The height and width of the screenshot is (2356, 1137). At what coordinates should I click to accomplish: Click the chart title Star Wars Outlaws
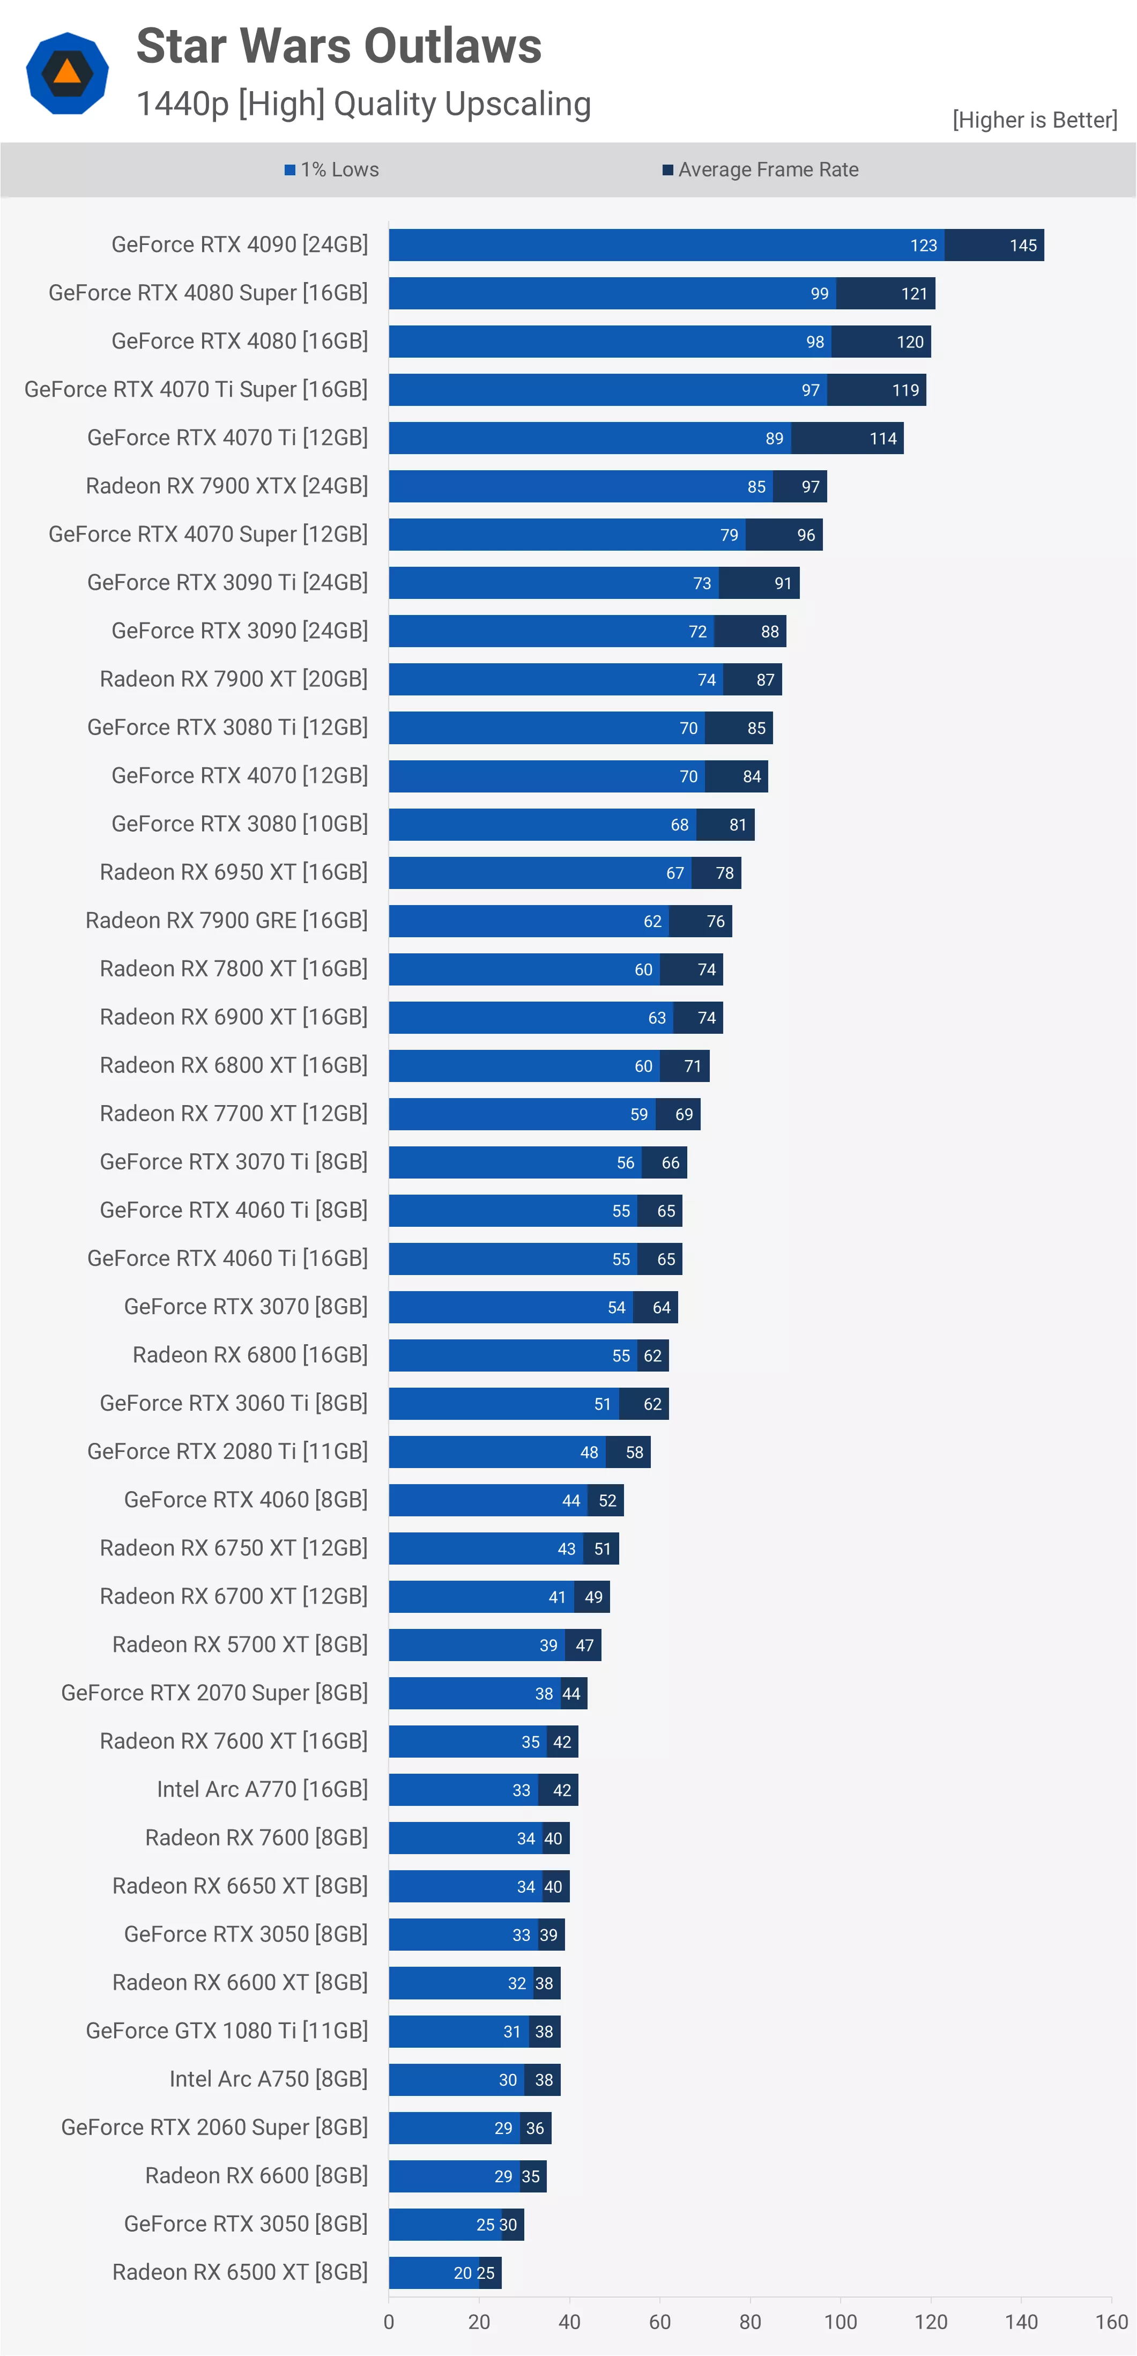[338, 46]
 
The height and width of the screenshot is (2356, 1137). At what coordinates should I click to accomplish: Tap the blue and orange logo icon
[67, 73]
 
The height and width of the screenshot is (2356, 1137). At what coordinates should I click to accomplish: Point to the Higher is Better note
[1035, 120]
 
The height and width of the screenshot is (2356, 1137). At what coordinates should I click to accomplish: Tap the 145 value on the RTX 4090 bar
[1023, 245]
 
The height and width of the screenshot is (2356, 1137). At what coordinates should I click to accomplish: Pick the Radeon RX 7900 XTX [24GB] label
[227, 486]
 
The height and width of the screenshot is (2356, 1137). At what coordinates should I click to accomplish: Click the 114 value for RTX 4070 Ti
[883, 438]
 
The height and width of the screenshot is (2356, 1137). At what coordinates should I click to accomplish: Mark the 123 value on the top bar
[923, 245]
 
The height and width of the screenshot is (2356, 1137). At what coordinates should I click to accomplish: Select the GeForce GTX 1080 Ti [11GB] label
[227, 2031]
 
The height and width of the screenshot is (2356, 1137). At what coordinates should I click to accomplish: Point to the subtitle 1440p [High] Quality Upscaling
[363, 104]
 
